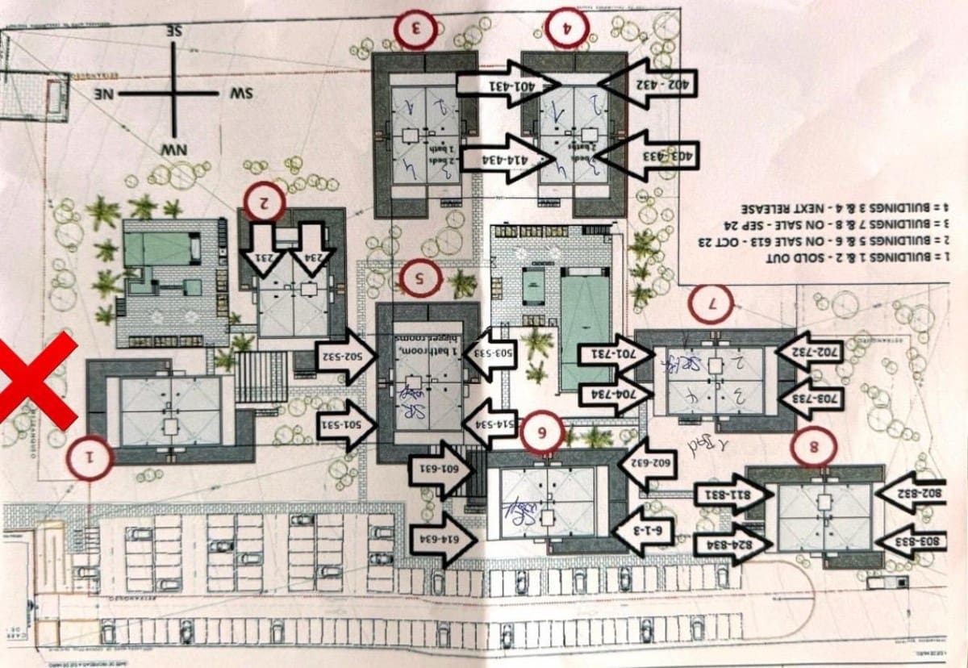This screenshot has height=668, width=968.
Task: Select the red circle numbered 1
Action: click(x=90, y=457)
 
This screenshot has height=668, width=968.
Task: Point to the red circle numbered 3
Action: click(x=417, y=29)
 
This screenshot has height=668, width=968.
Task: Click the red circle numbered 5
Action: click(x=420, y=279)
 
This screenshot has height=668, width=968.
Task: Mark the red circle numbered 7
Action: click(x=712, y=305)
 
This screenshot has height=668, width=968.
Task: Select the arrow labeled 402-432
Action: click(x=648, y=83)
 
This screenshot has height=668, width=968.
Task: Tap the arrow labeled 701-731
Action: click(x=607, y=353)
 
